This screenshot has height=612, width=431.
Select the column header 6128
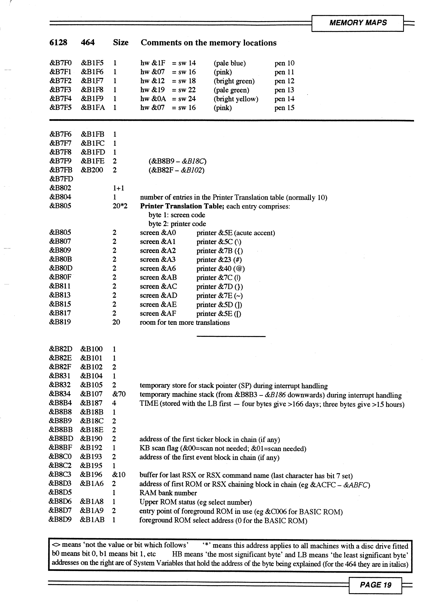point(58,43)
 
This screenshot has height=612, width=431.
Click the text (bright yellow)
point(236,99)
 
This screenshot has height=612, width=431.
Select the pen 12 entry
point(284,81)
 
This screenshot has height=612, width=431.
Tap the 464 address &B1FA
point(93,108)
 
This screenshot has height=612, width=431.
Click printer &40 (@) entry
point(221,269)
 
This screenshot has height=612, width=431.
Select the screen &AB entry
point(158,277)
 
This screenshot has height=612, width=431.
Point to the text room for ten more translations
point(185,323)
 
